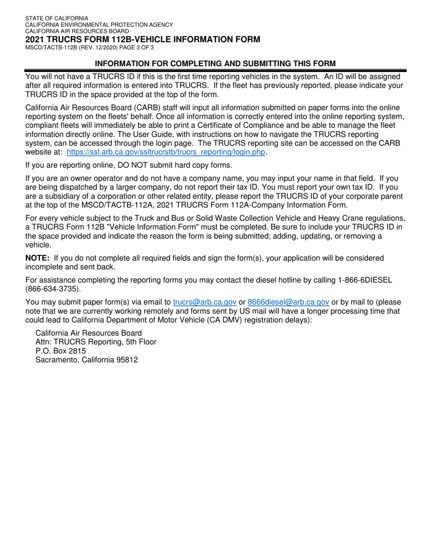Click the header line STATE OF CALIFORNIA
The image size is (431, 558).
point(57,19)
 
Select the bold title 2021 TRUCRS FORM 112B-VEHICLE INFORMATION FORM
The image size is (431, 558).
point(142,39)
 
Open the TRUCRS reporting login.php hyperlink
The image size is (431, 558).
point(166,152)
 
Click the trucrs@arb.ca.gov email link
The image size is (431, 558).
point(205,302)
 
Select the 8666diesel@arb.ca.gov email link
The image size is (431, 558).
point(288,302)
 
